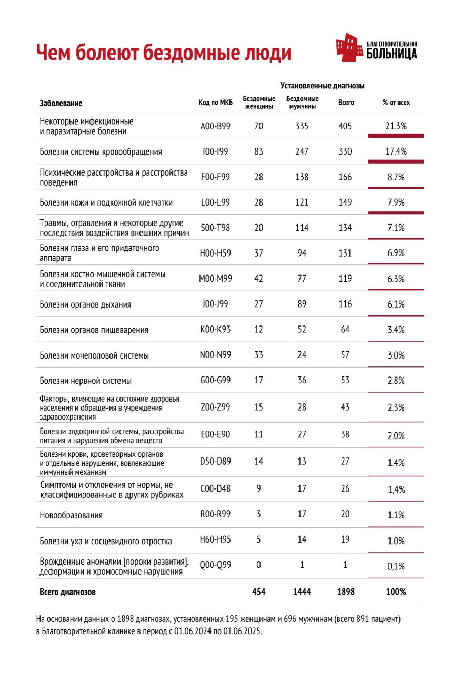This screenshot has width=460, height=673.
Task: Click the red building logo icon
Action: click(x=349, y=47)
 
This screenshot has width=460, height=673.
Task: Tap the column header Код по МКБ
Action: click(x=216, y=103)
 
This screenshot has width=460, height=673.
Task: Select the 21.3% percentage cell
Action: click(x=396, y=126)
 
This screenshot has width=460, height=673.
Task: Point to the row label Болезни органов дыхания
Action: click(x=85, y=304)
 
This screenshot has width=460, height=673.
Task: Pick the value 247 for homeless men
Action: click(x=302, y=152)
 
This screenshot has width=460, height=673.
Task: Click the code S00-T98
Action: click(x=215, y=228)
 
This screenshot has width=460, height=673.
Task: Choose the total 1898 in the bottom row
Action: click(x=345, y=592)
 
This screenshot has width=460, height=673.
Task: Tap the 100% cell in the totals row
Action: click(x=396, y=592)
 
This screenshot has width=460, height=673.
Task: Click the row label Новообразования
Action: click(x=71, y=515)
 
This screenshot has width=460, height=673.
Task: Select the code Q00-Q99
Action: click(x=215, y=565)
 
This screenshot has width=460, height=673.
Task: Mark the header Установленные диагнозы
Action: click(x=322, y=86)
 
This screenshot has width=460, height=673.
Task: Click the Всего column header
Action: click(x=346, y=103)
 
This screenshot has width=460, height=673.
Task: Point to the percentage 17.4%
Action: click(x=396, y=152)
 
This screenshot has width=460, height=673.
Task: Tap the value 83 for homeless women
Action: click(x=258, y=152)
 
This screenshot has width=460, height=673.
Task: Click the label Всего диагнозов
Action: click(x=68, y=592)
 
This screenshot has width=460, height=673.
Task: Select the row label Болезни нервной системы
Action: click(x=85, y=381)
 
